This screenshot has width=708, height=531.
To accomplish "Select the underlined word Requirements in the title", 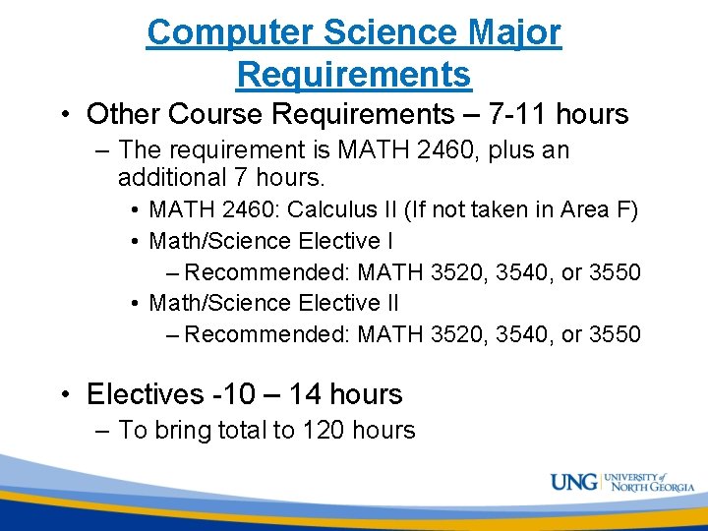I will click(354, 74).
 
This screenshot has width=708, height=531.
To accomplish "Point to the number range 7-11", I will click(518, 114).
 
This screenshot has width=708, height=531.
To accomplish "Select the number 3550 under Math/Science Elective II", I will click(615, 334).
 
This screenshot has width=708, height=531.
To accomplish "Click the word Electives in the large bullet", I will click(146, 394).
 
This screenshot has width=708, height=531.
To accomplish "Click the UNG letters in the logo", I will click(573, 483).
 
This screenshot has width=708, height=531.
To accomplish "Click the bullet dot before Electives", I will click(64, 395).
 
